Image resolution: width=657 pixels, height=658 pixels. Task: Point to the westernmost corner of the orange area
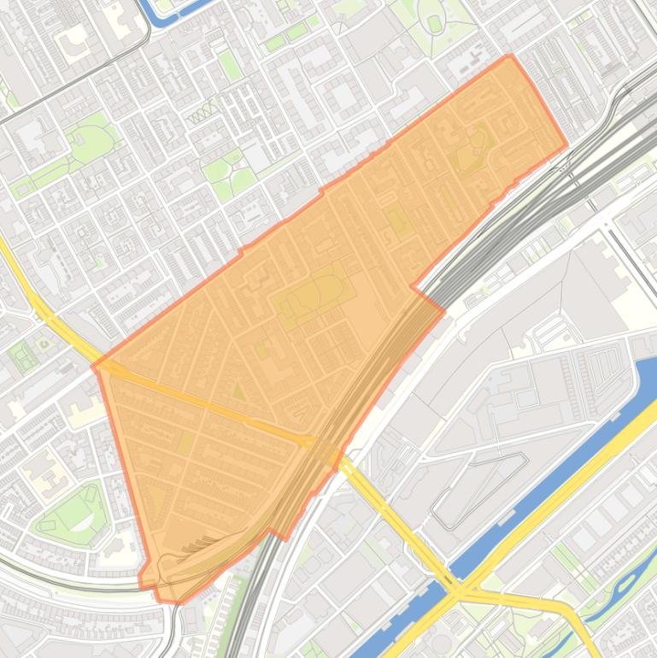93,367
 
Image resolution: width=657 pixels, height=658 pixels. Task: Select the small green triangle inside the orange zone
238,391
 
